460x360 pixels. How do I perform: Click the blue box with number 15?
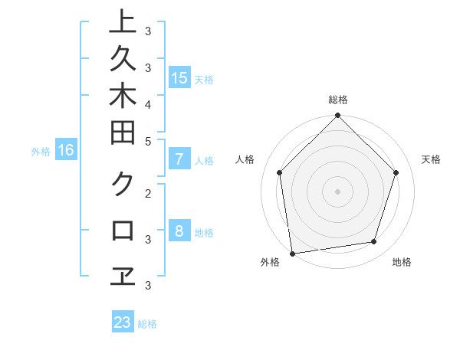pos(179,78)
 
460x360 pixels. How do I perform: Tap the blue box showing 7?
pos(179,160)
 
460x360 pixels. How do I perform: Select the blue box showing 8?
pos(179,232)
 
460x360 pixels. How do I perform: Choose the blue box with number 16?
pos(66,151)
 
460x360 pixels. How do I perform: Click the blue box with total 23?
pos(123,322)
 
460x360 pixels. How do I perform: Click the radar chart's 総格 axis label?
pos(338,100)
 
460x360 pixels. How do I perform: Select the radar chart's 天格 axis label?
pos(432,159)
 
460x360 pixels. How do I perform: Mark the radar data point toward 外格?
pos(292,254)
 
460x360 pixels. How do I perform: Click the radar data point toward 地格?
pos(374,242)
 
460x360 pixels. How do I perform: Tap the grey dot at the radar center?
pos(338,191)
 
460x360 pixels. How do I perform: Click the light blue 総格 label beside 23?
pos(147,324)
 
